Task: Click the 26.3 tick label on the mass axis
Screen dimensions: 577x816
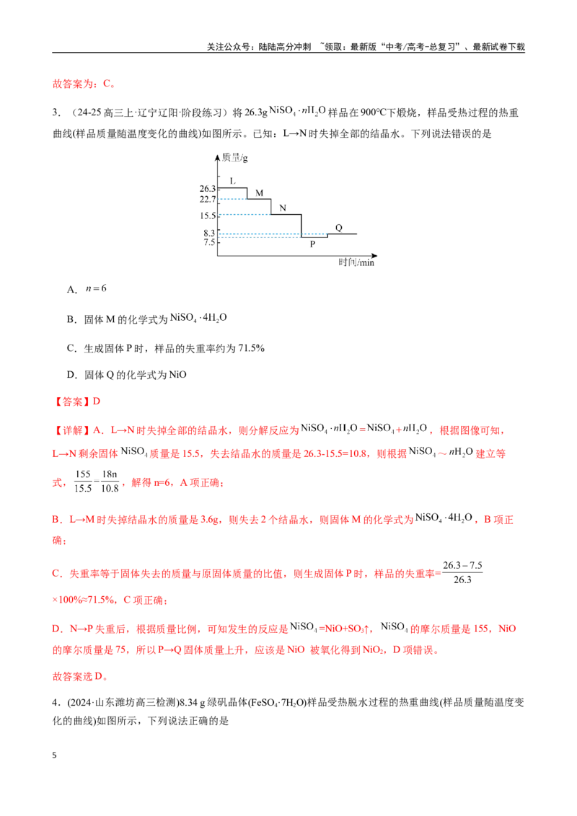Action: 207,188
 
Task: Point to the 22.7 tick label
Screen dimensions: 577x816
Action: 207,200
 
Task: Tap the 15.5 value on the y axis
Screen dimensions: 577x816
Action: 207,216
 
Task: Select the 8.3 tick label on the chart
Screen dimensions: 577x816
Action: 209,233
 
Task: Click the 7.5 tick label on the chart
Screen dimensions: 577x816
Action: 209,242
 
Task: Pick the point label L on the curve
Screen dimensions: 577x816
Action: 233,181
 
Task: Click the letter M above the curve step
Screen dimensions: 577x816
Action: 260,193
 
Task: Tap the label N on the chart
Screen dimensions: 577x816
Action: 283,208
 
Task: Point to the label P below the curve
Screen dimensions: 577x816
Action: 312,244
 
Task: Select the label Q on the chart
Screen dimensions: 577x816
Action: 339,227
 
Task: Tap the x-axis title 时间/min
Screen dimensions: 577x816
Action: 357,262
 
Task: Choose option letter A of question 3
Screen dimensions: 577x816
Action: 72,290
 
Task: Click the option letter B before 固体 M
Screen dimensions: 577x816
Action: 71,319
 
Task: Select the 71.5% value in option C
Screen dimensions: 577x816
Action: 251,348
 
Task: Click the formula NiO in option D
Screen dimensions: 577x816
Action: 177,375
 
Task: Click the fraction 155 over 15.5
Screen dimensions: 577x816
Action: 84,482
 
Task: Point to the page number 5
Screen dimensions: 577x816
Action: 54,755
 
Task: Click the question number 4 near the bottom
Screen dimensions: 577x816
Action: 55,703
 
